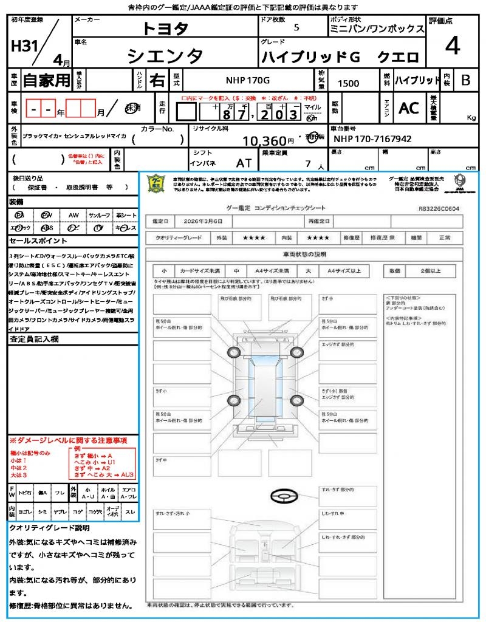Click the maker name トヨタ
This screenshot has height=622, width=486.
[x=165, y=28]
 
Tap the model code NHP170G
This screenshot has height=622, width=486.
[x=248, y=80]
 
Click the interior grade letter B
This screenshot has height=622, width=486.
[x=465, y=80]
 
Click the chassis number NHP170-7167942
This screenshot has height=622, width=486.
[x=372, y=139]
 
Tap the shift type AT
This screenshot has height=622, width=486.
[x=244, y=163]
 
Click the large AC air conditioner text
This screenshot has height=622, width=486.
[x=409, y=108]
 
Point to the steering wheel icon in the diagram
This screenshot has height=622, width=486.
[x=284, y=497]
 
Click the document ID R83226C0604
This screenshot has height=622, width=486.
[x=439, y=208]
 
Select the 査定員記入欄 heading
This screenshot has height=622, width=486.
[x=35, y=340]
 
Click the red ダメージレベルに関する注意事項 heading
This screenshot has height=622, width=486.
[x=68, y=440]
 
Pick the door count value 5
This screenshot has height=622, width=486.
[x=296, y=27]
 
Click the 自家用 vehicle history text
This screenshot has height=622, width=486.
[x=46, y=80]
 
